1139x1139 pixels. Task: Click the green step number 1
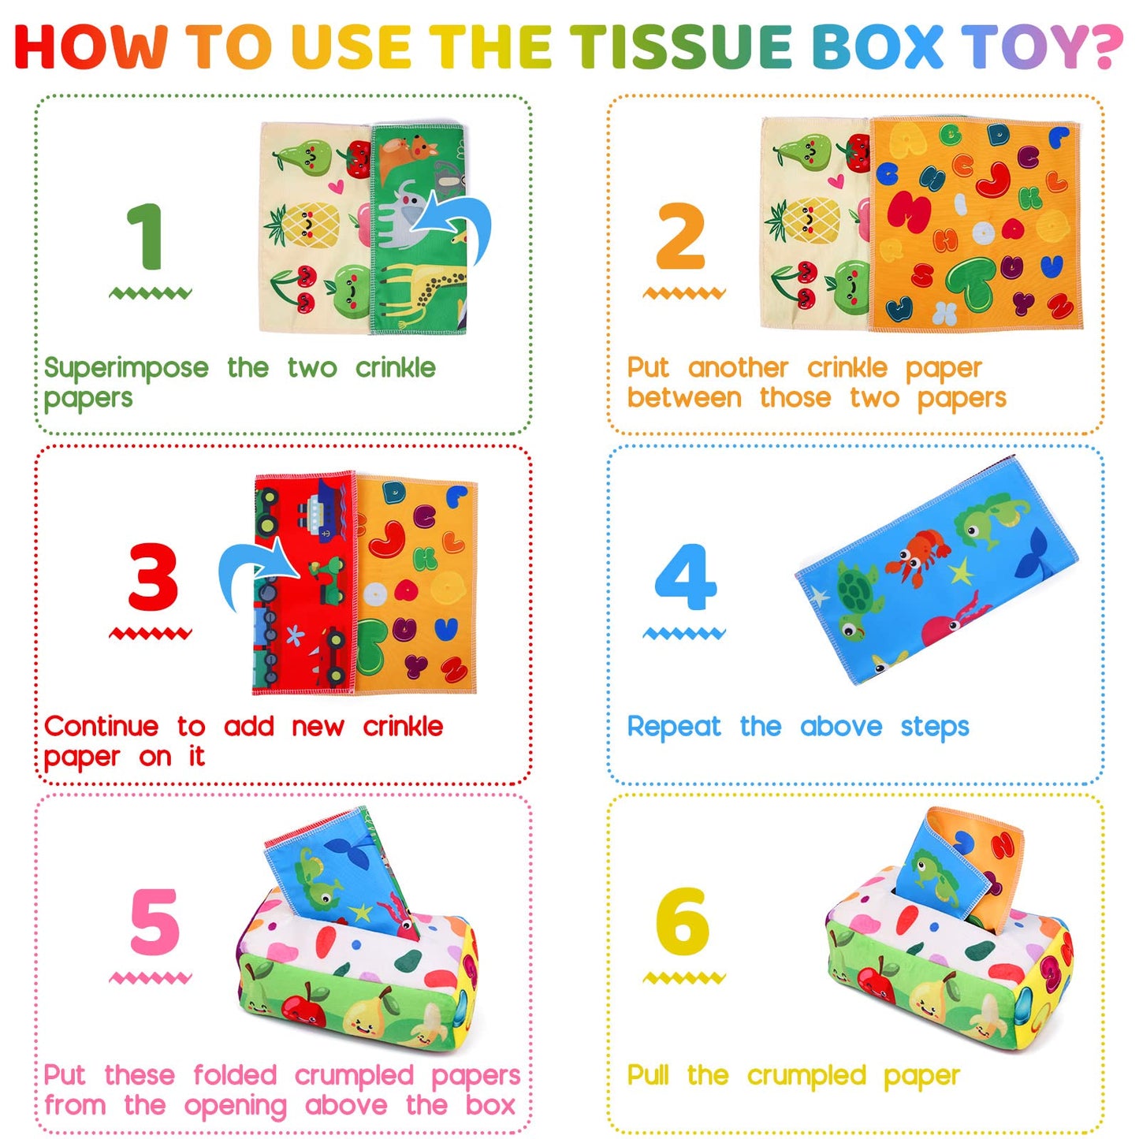click(147, 236)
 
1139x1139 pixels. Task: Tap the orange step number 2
click(680, 236)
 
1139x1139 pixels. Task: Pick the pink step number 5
click(154, 921)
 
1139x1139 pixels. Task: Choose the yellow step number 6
click(682, 921)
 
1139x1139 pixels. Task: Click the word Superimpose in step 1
click(126, 368)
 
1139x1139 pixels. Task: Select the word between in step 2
click(684, 398)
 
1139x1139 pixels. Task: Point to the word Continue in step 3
click(101, 726)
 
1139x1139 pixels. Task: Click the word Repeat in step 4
click(674, 727)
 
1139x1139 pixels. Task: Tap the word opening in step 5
click(235, 1106)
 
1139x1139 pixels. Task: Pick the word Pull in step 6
click(648, 1075)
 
